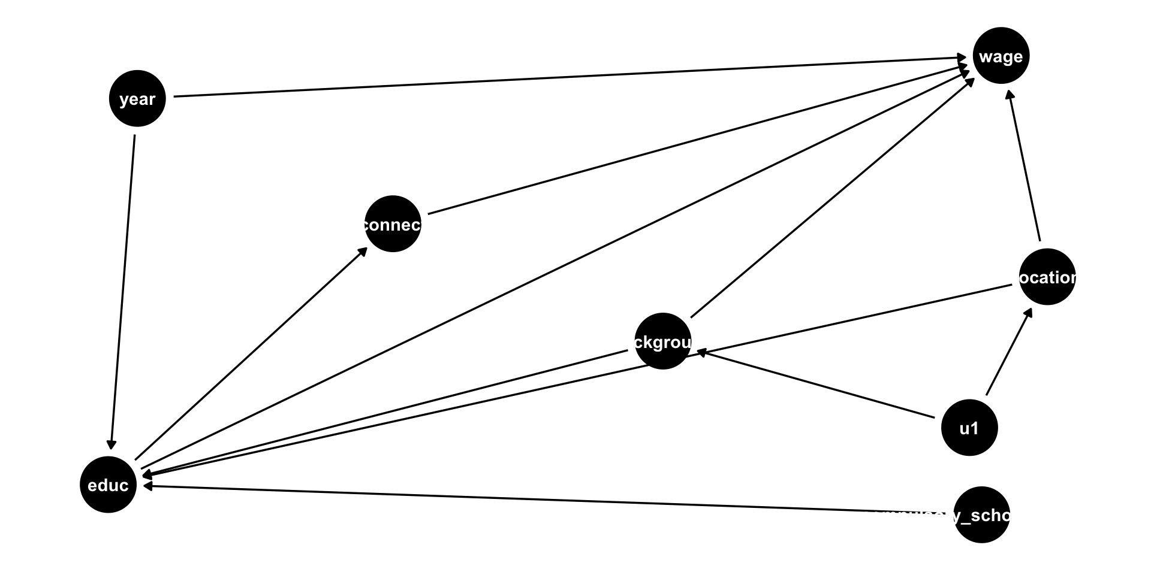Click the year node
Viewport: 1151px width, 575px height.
click(x=137, y=99)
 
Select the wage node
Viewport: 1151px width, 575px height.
click(x=1001, y=56)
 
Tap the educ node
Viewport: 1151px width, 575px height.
click(x=108, y=485)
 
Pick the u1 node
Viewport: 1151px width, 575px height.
click(x=969, y=428)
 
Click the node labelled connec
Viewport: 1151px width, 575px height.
click(x=393, y=224)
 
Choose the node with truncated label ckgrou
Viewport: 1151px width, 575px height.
click(x=662, y=341)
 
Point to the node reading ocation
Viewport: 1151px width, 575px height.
click(x=1047, y=277)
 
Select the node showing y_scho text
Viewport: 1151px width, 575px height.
click(x=981, y=515)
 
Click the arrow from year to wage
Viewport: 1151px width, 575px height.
click(x=570, y=77)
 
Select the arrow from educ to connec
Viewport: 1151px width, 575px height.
click(x=252, y=353)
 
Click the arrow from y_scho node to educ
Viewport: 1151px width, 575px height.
click(x=540, y=498)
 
